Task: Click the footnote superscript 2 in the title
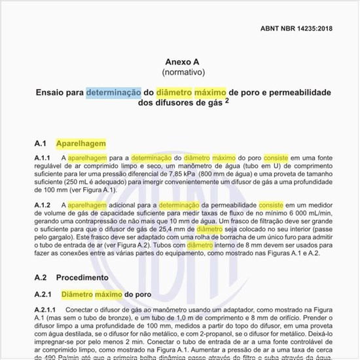[x=226, y=101]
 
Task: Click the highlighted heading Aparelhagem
[x=81, y=143]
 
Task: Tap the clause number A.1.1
[x=43, y=158]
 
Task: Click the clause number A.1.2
[x=43, y=206]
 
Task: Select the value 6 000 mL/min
[x=308, y=214]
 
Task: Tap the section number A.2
[x=42, y=278]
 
